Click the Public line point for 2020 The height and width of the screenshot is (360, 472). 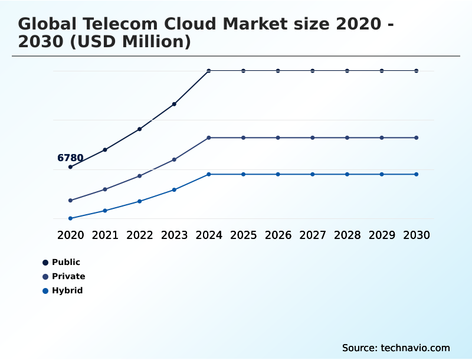click(x=70, y=167)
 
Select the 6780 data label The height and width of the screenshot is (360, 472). click(x=70, y=158)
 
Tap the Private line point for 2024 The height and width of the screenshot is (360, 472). click(x=209, y=138)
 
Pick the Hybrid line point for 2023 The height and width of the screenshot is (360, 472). click(x=174, y=189)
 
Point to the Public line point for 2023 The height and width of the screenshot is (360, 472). click(x=174, y=104)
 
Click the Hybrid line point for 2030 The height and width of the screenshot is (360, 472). click(x=417, y=174)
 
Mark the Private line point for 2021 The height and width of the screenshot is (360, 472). click(x=105, y=189)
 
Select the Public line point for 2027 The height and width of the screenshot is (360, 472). click(x=313, y=71)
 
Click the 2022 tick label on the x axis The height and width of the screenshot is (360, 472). click(x=140, y=235)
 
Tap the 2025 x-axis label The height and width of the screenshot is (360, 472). click(x=244, y=235)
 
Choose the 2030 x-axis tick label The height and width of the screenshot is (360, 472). click(x=417, y=235)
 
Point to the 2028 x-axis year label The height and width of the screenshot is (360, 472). click(x=348, y=235)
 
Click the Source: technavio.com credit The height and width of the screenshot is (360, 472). click(x=396, y=348)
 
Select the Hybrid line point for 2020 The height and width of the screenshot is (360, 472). click(x=70, y=218)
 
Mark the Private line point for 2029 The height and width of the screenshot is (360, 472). click(x=382, y=138)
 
